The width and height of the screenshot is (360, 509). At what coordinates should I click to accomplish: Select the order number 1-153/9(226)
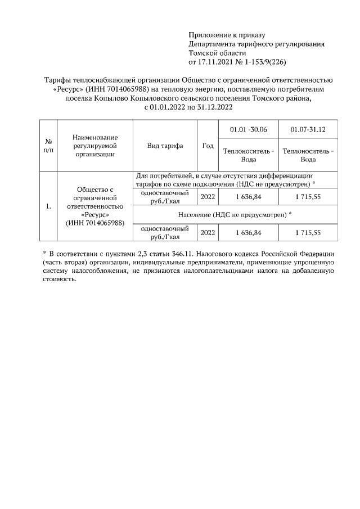(x=265, y=61)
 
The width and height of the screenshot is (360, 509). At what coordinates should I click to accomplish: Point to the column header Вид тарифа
(x=165, y=146)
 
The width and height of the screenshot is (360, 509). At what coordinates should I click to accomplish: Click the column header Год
(x=208, y=146)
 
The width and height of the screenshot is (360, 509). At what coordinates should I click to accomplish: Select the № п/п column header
(x=48, y=146)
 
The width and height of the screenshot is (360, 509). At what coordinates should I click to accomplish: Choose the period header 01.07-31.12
(x=308, y=130)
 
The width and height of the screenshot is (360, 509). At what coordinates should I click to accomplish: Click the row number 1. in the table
(x=48, y=206)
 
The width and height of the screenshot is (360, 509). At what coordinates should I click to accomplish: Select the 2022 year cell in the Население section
(x=208, y=232)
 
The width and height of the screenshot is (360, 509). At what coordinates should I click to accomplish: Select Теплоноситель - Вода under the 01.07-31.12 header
(x=308, y=155)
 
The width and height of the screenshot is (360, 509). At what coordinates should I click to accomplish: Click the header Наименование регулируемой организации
(x=94, y=146)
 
